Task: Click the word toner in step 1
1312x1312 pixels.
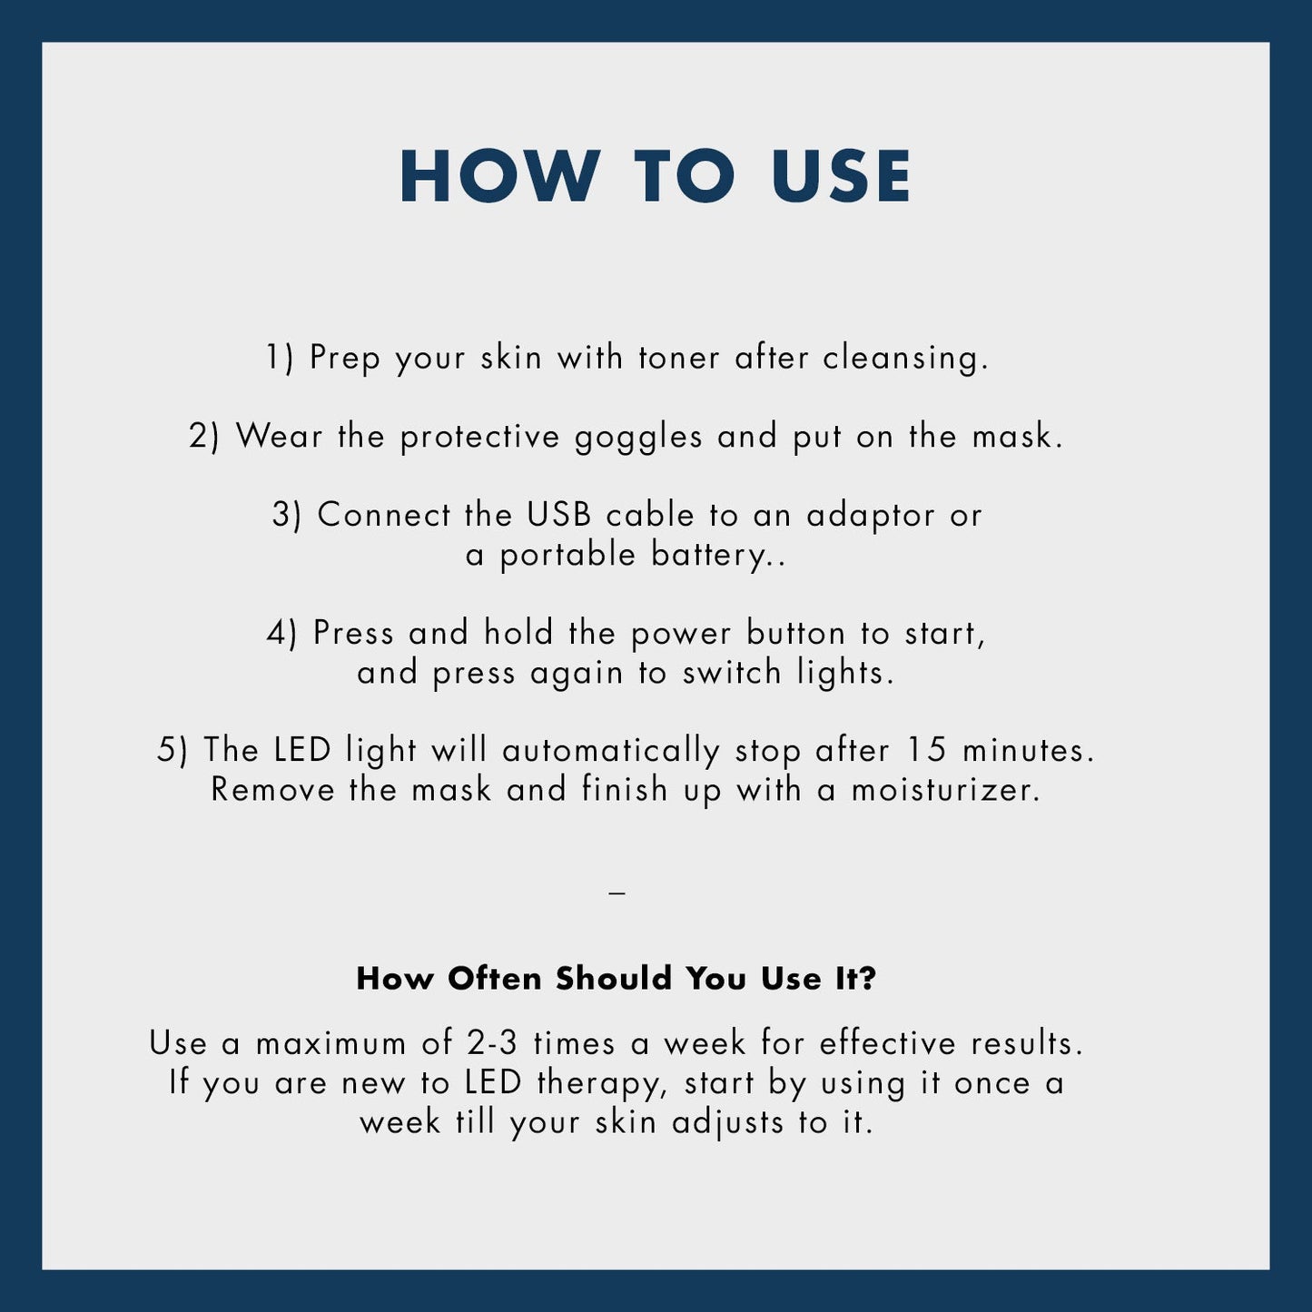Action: tap(679, 358)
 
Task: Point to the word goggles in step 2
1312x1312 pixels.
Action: tap(638, 438)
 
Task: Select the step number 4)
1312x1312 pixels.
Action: tap(281, 634)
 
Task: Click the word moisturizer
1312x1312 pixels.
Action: tap(946, 790)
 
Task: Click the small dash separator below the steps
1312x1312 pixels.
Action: tap(617, 893)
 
